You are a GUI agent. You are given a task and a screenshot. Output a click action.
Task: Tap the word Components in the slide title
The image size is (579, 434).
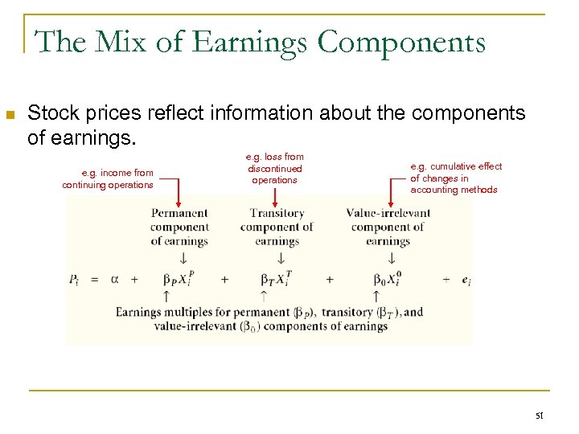[x=401, y=41]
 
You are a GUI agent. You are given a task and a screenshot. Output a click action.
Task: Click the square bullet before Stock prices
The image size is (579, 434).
[x=10, y=116]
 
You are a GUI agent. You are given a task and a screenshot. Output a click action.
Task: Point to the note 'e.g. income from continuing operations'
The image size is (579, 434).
[x=107, y=178]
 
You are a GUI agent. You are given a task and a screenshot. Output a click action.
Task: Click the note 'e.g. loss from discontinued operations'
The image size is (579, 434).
[x=274, y=169]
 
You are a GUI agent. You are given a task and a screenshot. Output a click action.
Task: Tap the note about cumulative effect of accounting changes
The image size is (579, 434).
[x=455, y=178]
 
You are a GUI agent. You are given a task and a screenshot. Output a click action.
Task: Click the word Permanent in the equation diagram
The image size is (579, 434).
[x=179, y=214]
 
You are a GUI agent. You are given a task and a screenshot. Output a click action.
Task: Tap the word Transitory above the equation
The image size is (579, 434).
[x=277, y=214]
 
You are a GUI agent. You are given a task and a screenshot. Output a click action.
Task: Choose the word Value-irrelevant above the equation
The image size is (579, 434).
[x=388, y=214]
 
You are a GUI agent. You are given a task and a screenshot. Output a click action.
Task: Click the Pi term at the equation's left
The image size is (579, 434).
[x=74, y=280]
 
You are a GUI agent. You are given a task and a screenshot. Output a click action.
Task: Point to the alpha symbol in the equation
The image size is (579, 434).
[x=114, y=279]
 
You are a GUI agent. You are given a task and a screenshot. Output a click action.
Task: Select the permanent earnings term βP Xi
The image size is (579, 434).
[x=179, y=280]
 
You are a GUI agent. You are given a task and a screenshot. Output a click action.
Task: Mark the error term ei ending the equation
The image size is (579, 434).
[x=466, y=280]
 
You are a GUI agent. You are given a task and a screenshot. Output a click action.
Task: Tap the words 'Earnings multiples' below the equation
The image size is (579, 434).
[x=161, y=312]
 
